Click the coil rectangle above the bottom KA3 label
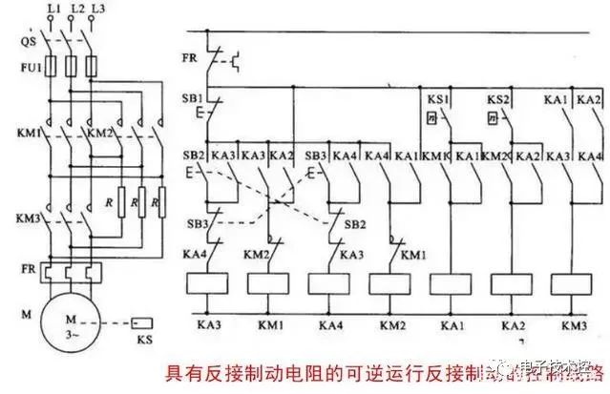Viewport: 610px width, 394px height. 209,283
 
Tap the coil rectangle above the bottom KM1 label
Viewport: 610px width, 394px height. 270,283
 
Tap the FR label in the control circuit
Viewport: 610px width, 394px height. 190,57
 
